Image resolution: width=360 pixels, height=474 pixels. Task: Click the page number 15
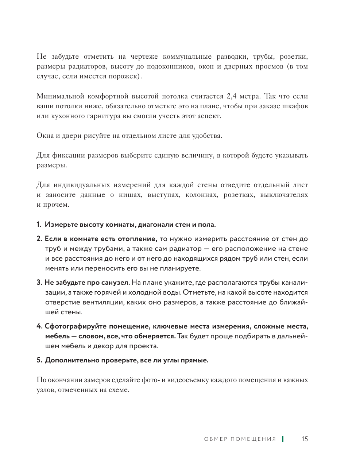click(305, 439)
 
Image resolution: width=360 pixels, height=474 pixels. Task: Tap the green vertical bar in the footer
click(283, 439)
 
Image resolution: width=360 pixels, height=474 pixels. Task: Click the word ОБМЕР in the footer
click(216, 439)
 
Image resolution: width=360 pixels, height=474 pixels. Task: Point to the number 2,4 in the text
click(232, 96)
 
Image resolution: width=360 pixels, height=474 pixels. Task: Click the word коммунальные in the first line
click(187, 57)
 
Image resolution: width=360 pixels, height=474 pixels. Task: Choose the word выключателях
click(284, 195)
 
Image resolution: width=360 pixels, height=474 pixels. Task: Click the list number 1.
click(39, 225)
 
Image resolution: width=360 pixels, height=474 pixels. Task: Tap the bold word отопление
click(137, 239)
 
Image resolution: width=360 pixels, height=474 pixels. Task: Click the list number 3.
click(39, 283)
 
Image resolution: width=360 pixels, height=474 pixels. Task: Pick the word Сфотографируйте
click(76, 326)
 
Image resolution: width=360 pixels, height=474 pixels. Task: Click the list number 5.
click(39, 360)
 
